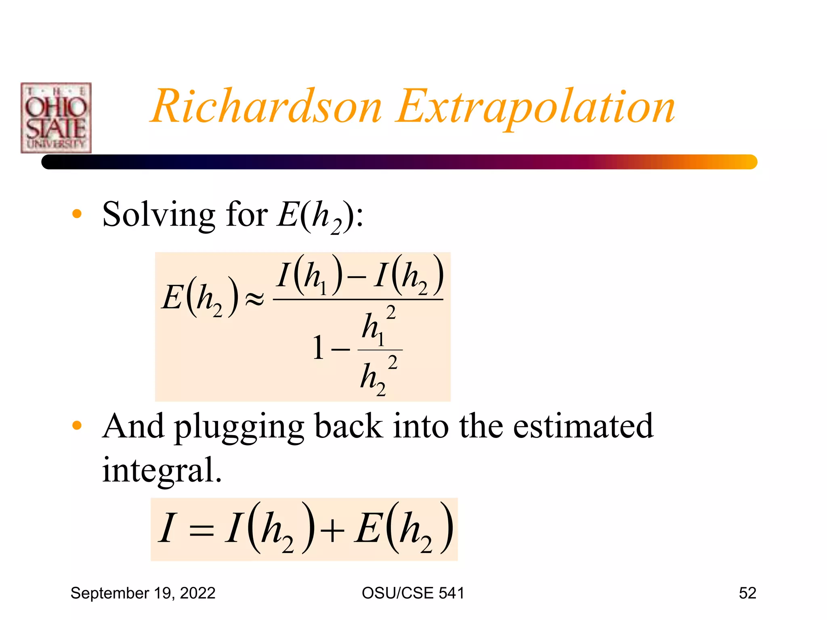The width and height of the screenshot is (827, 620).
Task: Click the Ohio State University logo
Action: [56, 118]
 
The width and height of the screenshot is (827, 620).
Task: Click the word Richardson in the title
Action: [267, 107]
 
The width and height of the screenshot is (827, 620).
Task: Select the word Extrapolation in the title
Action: [536, 107]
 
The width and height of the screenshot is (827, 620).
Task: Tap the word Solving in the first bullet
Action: [158, 215]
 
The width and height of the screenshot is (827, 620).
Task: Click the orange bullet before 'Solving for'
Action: [77, 214]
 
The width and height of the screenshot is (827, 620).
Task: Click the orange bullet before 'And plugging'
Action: [77, 425]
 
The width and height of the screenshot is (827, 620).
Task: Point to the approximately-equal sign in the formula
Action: [255, 299]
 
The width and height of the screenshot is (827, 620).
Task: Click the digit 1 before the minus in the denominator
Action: [318, 348]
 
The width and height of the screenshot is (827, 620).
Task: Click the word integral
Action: [162, 471]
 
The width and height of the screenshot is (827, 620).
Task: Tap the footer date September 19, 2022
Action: [143, 593]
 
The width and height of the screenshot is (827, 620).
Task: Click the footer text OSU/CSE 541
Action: [413, 593]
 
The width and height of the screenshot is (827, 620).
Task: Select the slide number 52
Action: [747, 593]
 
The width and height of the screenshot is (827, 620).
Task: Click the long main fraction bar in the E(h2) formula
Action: [358, 300]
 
